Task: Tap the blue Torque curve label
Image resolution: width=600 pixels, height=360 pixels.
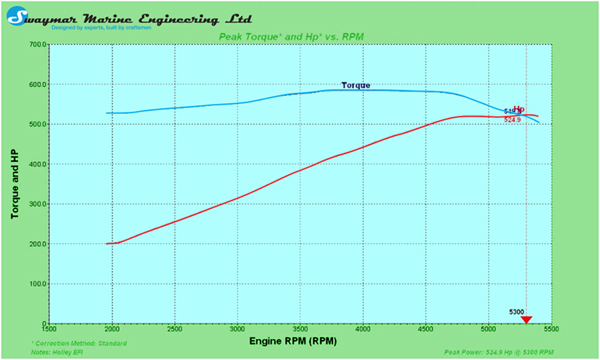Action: tap(355, 85)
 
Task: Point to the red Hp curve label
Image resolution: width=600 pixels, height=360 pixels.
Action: tap(519, 110)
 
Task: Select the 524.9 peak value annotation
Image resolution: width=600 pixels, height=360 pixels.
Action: tap(512, 120)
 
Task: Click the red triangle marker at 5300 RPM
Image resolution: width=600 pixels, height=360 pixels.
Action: tap(527, 319)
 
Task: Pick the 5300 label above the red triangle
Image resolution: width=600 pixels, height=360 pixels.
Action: tap(517, 311)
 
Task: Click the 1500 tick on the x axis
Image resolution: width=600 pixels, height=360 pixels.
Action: tap(49, 330)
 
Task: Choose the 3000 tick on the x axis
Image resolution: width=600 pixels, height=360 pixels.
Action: tap(237, 330)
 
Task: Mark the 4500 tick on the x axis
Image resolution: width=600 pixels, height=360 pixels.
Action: tap(425, 330)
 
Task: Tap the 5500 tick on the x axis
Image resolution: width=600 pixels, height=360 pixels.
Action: tap(550, 330)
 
